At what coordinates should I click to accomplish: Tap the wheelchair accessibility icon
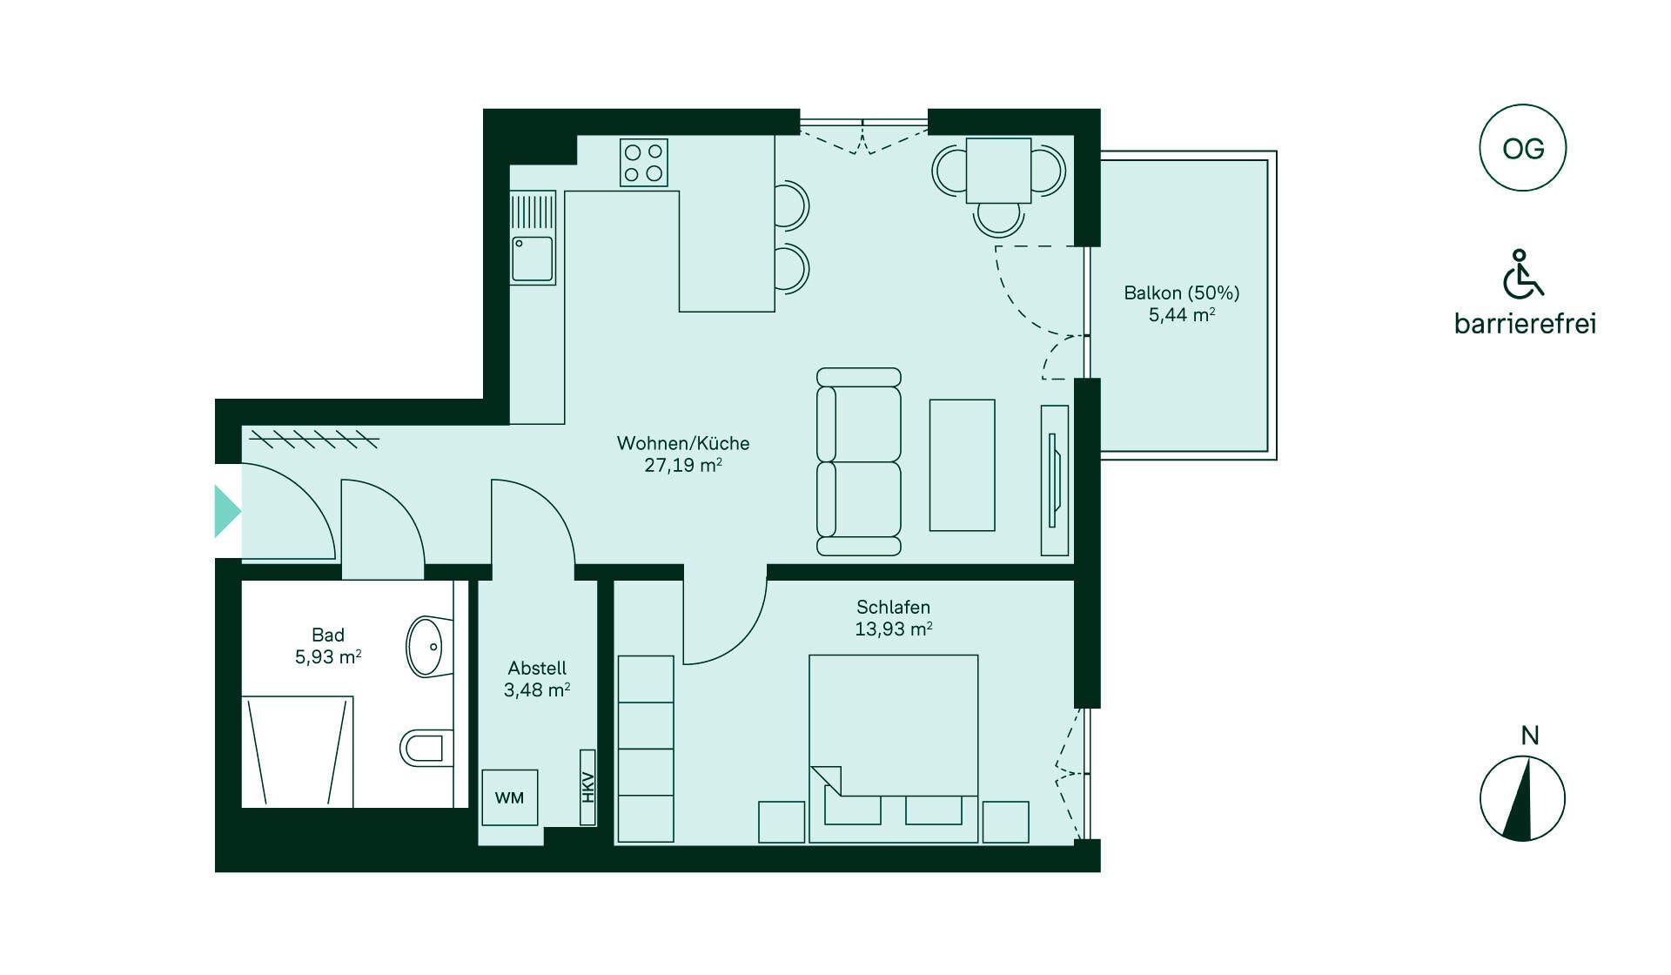[x=1522, y=273]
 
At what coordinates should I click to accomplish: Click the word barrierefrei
[x=1525, y=323]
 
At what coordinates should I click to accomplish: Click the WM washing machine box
[x=509, y=797]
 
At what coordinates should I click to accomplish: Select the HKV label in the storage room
[x=587, y=787]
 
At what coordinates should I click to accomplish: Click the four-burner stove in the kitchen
[x=644, y=163]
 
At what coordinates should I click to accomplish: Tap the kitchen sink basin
[x=532, y=259]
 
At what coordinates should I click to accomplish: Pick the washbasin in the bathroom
[x=429, y=646]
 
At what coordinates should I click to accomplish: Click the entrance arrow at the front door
[x=227, y=511]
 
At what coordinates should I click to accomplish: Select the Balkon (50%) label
[x=1181, y=292]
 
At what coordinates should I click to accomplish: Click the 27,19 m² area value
[x=683, y=465]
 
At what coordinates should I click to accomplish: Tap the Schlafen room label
[x=893, y=607]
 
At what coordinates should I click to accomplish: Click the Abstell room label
[x=537, y=668]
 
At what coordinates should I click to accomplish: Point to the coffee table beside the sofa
[x=962, y=465]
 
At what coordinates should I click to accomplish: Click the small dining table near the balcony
[x=998, y=171]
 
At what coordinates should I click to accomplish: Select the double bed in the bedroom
[x=893, y=749]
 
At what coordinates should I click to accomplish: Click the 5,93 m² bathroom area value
[x=328, y=656]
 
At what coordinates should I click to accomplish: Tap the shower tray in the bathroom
[x=298, y=751]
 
